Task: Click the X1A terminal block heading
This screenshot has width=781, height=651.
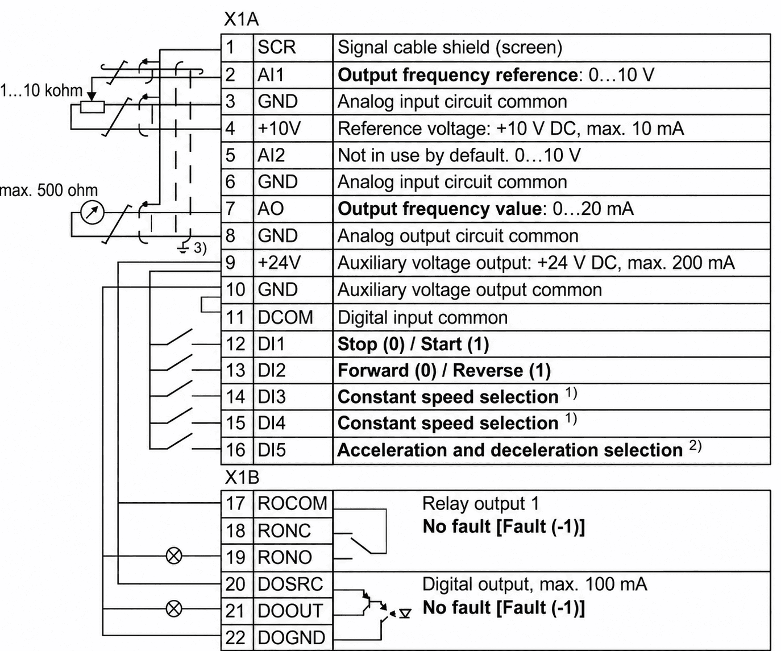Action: pyautogui.click(x=241, y=19)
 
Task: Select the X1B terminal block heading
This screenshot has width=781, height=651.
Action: pyautogui.click(x=242, y=478)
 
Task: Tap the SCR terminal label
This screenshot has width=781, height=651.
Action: pyautogui.click(x=276, y=48)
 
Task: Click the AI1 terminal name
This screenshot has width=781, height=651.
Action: pyautogui.click(x=271, y=75)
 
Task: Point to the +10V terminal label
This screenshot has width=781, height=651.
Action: pyautogui.click(x=279, y=128)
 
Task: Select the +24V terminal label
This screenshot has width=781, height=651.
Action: pyautogui.click(x=279, y=263)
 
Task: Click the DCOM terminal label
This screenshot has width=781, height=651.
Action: pyautogui.click(x=285, y=318)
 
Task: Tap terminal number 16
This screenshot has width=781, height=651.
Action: pyautogui.click(x=235, y=450)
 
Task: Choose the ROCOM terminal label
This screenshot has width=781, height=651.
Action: pyautogui.click(x=292, y=504)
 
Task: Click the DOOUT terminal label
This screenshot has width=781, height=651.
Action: pyautogui.click(x=290, y=611)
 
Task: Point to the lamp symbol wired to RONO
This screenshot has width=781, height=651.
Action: pyautogui.click(x=174, y=556)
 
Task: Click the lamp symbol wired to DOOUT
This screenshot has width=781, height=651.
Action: pyautogui.click(x=174, y=609)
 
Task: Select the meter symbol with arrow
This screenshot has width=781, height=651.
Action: pyautogui.click(x=93, y=213)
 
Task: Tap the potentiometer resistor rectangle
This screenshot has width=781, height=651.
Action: pyautogui.click(x=93, y=107)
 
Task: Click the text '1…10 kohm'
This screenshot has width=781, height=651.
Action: pyautogui.click(x=41, y=90)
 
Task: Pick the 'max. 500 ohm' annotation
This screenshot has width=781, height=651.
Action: pyautogui.click(x=49, y=190)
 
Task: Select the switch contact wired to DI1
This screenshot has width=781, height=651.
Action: pyautogui.click(x=180, y=337)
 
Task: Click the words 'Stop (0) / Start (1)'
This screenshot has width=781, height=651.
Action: pyautogui.click(x=413, y=344)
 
